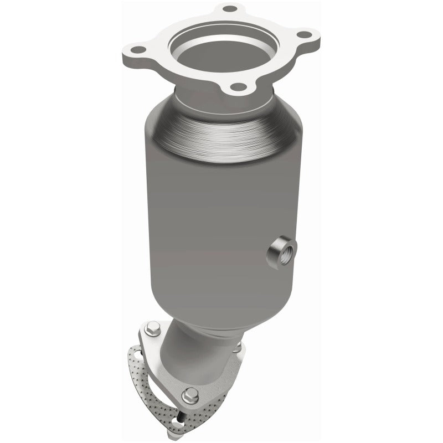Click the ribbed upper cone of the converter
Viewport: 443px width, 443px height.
pos(221,125)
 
